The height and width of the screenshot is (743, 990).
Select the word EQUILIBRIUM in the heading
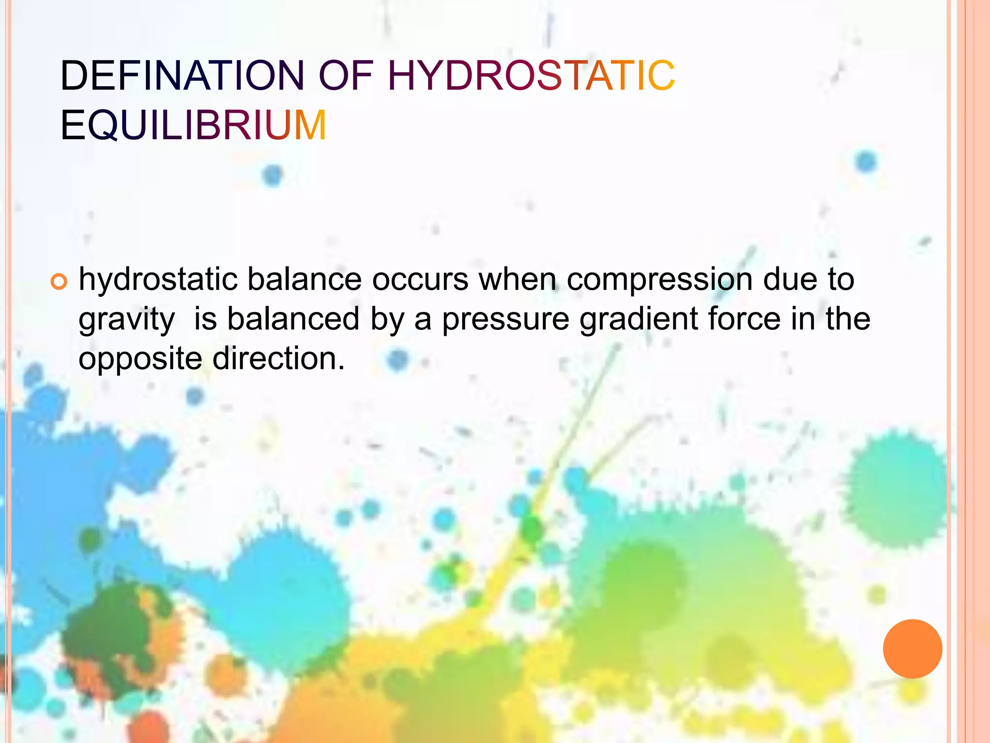193,126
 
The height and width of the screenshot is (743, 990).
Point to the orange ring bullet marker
58,282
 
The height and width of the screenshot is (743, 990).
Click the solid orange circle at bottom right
912,649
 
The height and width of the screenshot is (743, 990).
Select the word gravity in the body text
127,320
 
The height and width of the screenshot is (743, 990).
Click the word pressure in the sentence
506,320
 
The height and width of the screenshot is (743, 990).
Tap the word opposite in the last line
140,360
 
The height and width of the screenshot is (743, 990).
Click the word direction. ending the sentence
279,360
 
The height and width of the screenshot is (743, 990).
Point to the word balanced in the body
293,320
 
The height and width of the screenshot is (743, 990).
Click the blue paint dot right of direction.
398,360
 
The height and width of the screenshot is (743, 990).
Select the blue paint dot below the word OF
273,175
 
